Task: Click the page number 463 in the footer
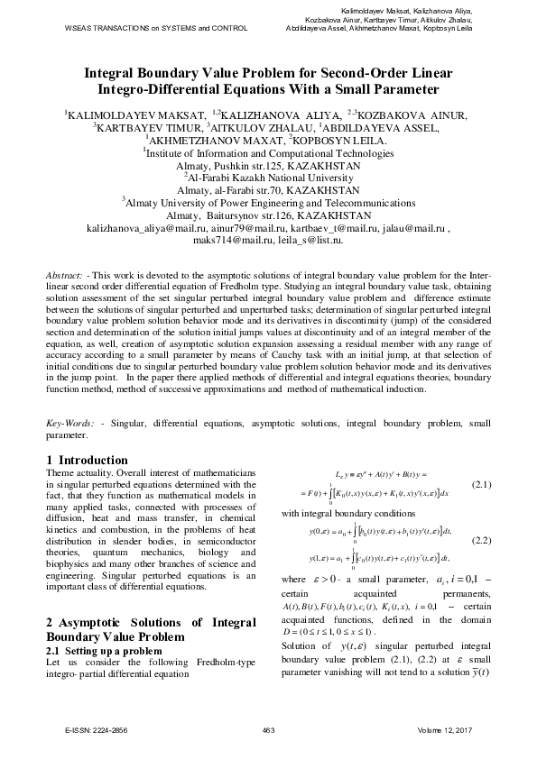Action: tap(267, 728)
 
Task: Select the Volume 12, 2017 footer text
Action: tap(446, 728)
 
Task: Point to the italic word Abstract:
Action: tap(66, 273)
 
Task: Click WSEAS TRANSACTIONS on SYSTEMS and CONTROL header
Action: tap(156, 29)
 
